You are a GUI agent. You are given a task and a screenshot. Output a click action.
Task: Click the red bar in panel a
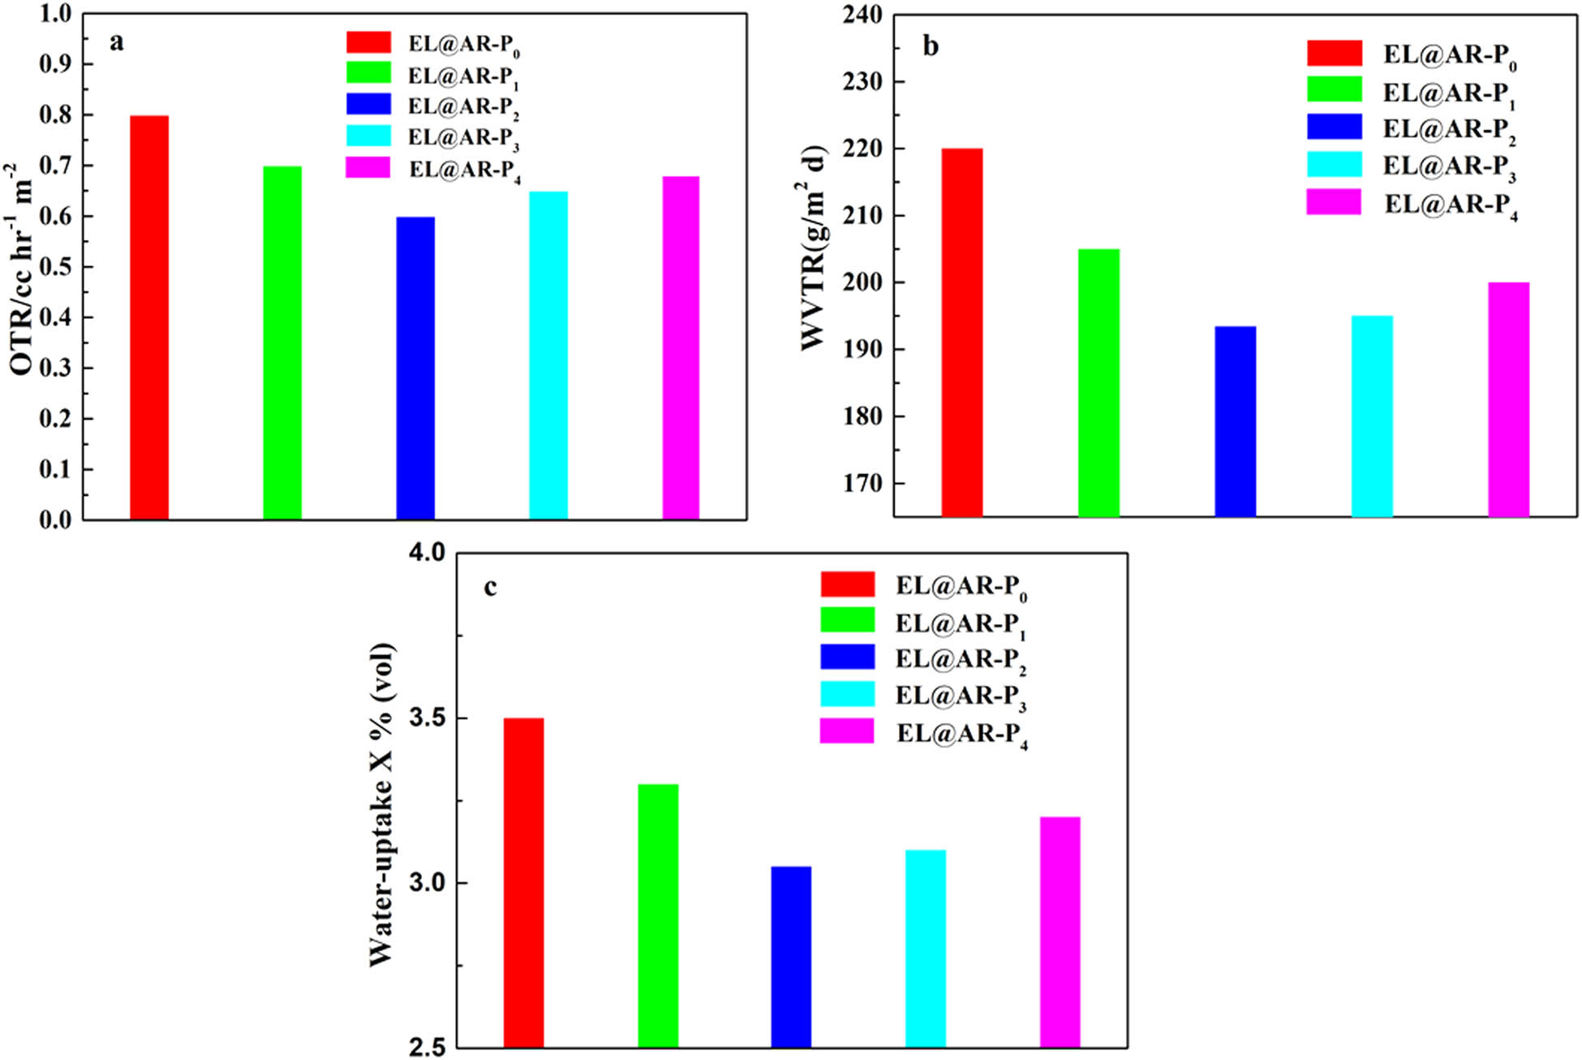149,317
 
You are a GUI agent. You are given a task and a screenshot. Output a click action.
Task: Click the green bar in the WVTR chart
1098,382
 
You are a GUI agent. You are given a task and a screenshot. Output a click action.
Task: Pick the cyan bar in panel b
1372,416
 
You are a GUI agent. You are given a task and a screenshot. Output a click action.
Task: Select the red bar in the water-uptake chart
523,882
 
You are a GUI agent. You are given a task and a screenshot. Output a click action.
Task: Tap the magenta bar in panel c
1060,931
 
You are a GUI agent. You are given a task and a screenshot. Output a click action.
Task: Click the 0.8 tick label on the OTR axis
56,115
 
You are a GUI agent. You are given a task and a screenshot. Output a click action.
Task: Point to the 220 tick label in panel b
862,149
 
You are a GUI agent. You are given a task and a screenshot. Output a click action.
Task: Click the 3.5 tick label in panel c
427,719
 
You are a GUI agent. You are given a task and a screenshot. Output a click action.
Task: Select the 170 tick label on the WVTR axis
862,484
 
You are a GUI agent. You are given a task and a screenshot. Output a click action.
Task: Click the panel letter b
931,46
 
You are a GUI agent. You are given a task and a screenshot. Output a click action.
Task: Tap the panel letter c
490,587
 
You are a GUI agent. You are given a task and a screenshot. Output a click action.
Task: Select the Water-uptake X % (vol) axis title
380,804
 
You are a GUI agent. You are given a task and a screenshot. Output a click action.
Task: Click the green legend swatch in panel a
368,73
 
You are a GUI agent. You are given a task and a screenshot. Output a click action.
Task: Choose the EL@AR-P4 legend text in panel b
1451,205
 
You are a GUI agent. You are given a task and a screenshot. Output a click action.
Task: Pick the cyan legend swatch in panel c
847,695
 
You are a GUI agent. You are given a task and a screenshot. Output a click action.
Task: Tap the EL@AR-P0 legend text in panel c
961,587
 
